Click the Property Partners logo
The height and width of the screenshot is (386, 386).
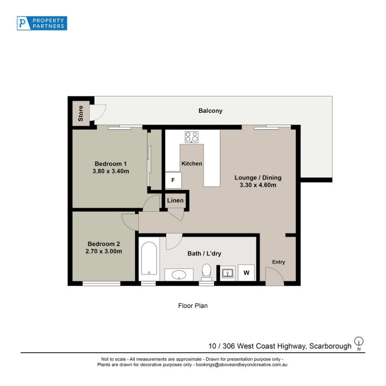[x=42, y=23]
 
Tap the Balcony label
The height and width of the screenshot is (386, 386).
[x=210, y=111]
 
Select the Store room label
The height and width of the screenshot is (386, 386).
[x=81, y=113]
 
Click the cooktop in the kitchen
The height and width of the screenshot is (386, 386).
[x=192, y=137]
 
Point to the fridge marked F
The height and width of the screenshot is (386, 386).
[x=173, y=180]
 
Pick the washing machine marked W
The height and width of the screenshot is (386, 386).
[x=246, y=273]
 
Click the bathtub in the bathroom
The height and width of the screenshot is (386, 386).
[x=149, y=258]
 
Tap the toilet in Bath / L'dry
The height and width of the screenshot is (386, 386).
[x=207, y=272]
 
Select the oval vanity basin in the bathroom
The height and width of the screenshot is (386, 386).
[x=179, y=275]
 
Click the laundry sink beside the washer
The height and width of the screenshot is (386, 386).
[x=227, y=273]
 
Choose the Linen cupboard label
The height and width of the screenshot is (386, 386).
[x=175, y=200]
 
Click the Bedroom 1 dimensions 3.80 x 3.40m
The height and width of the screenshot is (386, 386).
[x=111, y=171]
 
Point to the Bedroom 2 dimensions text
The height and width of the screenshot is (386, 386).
[x=104, y=251]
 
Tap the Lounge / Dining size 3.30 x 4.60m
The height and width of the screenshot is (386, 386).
[x=258, y=185]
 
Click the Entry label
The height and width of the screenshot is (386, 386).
[x=278, y=262]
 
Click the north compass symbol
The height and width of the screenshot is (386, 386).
[x=358, y=342]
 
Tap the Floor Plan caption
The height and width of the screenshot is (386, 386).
[x=193, y=306]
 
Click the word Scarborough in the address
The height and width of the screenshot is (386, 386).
[x=331, y=346]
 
